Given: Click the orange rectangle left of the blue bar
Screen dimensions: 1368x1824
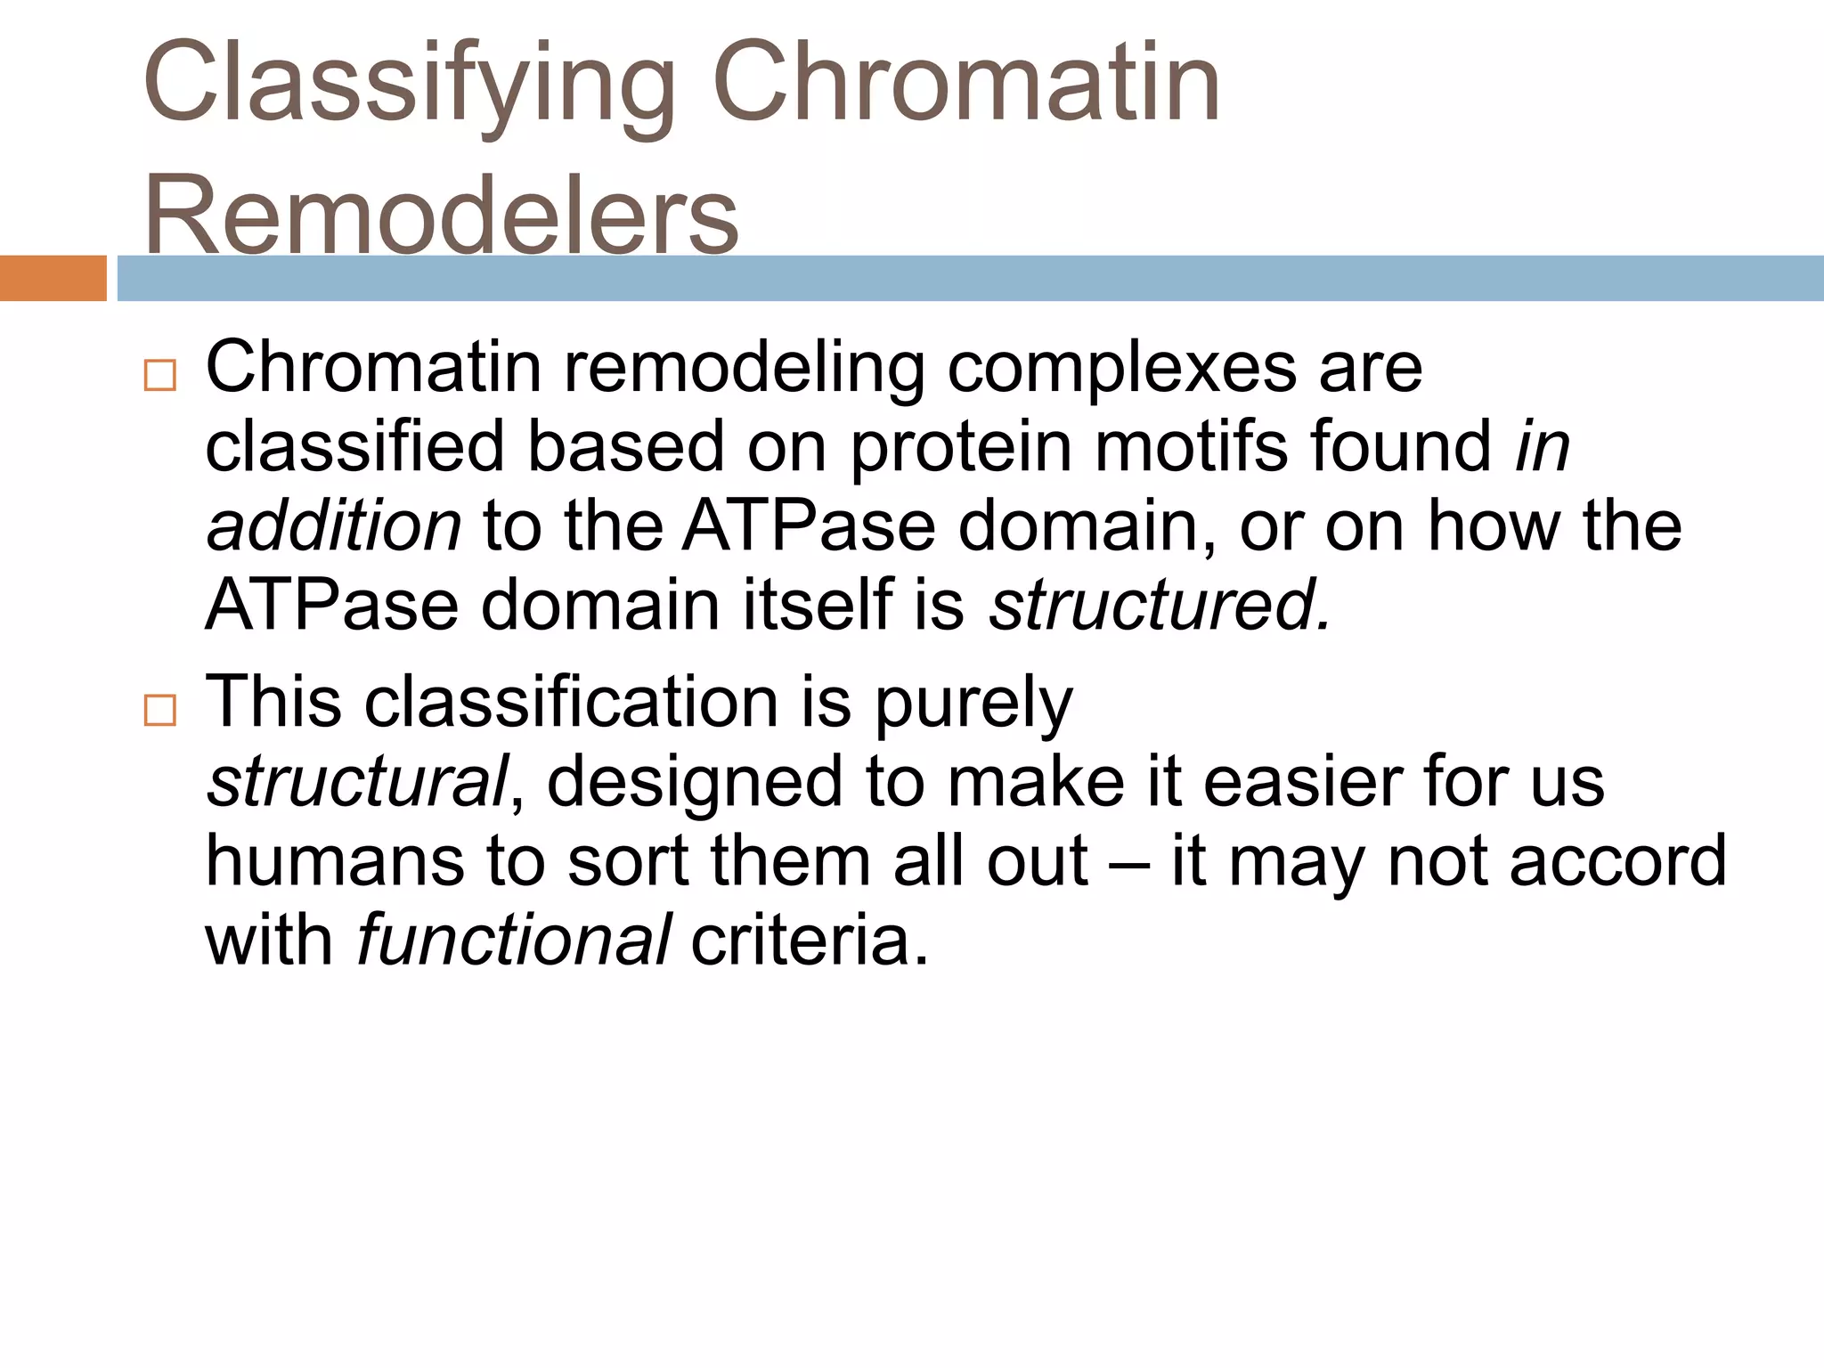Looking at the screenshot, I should pyautogui.click(x=53, y=279).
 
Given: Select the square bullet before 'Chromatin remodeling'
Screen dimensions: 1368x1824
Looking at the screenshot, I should pyautogui.click(x=160, y=376).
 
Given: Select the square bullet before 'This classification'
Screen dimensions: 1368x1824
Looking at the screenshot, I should pyautogui.click(x=160, y=711).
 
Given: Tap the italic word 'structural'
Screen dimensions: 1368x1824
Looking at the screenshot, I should pyautogui.click(x=357, y=782).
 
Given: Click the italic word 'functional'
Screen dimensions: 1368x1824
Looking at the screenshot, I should pyautogui.click(x=514, y=940).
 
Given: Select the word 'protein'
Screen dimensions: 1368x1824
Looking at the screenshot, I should pyautogui.click(x=961, y=447).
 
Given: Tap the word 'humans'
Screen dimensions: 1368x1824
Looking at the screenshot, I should pyautogui.click(x=335, y=861).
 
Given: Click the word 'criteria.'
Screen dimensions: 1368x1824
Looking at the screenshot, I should pyautogui.click(x=810, y=940).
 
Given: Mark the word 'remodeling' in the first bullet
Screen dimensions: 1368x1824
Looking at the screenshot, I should pyautogui.click(x=745, y=369).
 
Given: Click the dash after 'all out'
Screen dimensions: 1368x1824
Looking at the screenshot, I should pyautogui.click(x=1129, y=863).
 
